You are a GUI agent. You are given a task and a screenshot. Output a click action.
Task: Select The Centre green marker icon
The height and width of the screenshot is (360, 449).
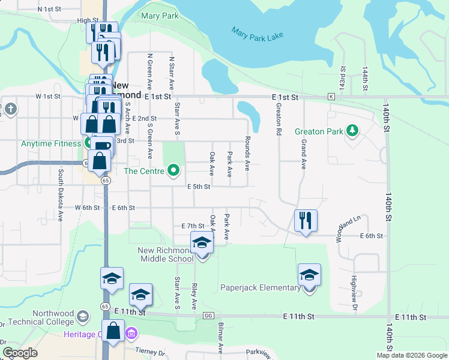(174, 171)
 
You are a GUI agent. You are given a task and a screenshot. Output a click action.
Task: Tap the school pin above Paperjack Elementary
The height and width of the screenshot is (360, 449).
(309, 275)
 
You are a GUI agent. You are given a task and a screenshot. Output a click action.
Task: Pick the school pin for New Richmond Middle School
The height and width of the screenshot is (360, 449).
(202, 243)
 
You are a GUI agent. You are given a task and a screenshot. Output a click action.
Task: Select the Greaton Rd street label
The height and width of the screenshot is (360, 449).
(279, 118)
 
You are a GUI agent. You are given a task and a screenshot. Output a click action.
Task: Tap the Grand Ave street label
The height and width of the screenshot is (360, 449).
(304, 154)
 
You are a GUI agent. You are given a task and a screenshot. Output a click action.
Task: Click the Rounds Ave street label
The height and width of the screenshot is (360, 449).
(247, 152)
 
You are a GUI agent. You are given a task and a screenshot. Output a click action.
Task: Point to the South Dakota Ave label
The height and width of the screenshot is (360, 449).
(61, 192)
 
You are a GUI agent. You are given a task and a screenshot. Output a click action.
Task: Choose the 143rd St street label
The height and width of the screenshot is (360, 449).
(343, 79)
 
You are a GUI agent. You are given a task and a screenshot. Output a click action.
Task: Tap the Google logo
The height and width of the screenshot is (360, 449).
(20, 353)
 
